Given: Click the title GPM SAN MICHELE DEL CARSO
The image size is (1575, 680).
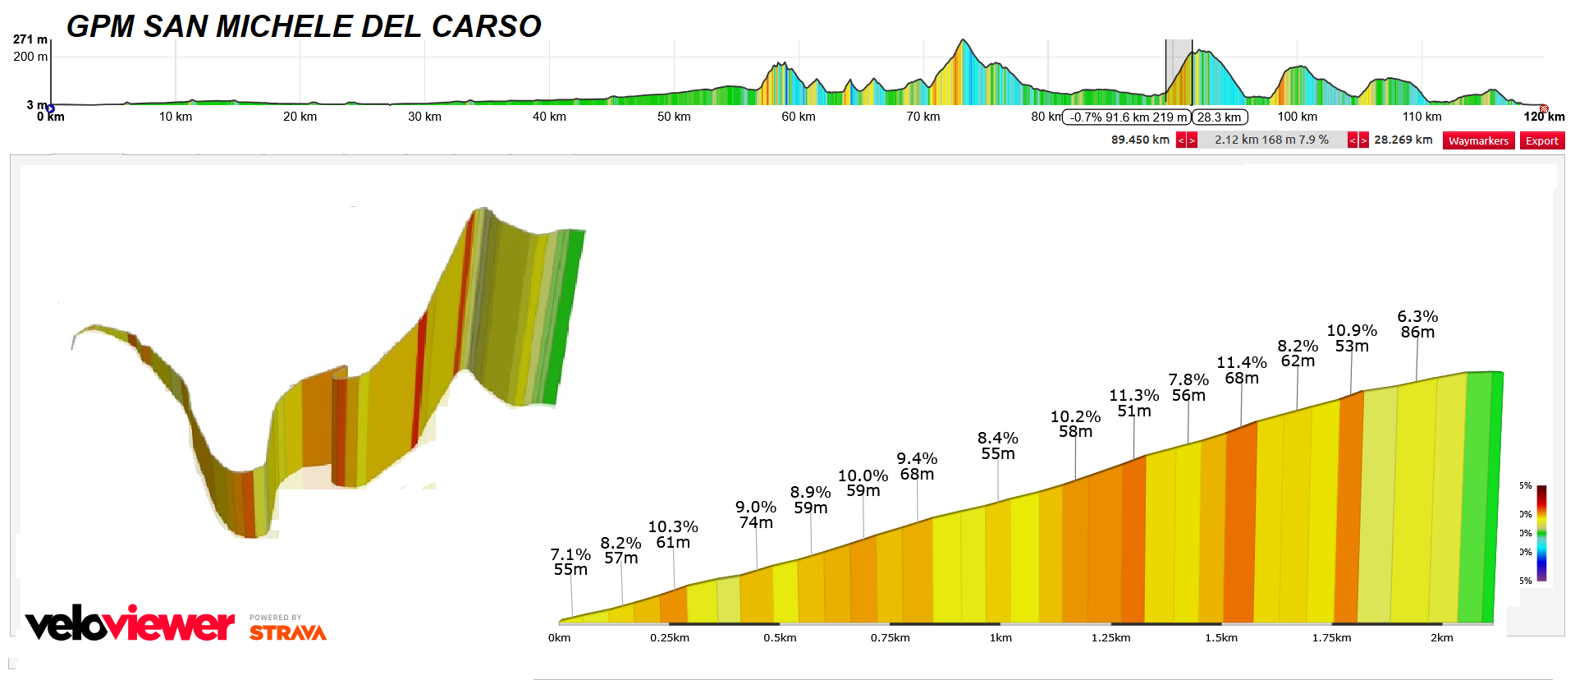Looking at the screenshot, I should click(304, 26).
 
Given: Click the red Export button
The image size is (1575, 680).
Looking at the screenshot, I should click(1541, 140).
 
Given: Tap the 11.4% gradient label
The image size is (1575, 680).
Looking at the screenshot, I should click(1241, 363).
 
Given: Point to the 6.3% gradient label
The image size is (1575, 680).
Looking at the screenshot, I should click(1417, 317).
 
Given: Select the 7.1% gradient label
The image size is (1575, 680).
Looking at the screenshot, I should click(570, 555).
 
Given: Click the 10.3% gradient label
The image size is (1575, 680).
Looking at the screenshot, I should click(673, 527).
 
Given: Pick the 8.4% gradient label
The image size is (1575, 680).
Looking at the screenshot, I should click(997, 439).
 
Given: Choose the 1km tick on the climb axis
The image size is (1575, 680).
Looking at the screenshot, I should click(1000, 637).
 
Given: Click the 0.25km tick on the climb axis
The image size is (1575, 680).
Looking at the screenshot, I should click(670, 637).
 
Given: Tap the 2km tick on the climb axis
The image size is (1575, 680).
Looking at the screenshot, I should click(1441, 637).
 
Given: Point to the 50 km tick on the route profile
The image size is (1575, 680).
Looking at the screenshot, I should click(674, 117).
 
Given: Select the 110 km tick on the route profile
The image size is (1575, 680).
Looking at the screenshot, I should click(1422, 117).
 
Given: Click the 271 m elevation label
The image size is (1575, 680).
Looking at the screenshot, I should click(30, 39).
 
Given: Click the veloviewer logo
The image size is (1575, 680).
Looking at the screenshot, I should click(130, 624).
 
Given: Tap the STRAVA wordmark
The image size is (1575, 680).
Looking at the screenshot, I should click(288, 632).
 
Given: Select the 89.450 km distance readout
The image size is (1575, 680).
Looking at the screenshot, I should click(1140, 140).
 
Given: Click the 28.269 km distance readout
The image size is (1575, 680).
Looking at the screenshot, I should click(1403, 140).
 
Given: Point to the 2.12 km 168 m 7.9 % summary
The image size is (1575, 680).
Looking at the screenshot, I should click(1271, 140).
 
